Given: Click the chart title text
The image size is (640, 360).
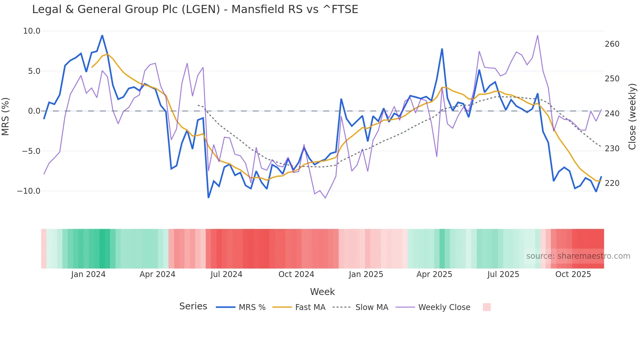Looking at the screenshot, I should coord(195,9).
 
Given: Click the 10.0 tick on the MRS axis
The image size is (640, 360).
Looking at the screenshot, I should coord(32,31).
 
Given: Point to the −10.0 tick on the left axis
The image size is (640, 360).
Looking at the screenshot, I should coord(29,191).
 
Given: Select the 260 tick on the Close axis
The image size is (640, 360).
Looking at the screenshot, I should coord(612,44).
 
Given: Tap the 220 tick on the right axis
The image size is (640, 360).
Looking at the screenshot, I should coord(612,183).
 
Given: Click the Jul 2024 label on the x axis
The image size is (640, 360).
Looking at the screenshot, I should coord(226,274).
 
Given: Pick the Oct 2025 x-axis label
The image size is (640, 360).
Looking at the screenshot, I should coord(573,274).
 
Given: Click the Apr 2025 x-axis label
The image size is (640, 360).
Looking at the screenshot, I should coord(434,274).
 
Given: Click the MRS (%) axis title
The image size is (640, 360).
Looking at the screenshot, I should coord(6,116).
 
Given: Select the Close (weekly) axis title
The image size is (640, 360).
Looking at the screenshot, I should coord(632,116).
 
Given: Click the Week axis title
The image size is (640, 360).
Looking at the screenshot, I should coord(322,292).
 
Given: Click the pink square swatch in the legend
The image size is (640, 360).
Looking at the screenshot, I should coord(487,307).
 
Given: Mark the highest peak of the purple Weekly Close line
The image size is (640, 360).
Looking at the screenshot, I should coord(537,35).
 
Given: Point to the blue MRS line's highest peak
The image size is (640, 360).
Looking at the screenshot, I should coord(102,35).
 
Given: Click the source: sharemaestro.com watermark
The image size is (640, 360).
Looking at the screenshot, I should coord(578,256).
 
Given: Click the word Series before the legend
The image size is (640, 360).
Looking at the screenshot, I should coord(193,306).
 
